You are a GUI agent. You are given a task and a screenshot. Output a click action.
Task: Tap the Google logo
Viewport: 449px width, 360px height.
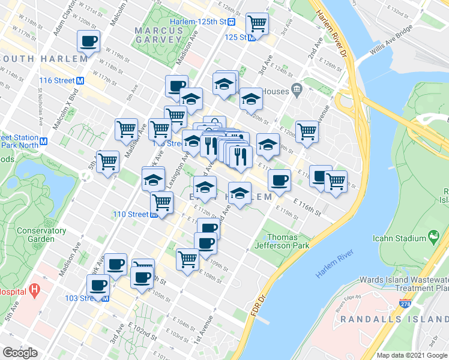[20, 353]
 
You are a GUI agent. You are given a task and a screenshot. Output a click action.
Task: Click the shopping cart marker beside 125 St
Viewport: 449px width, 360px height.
[257, 24]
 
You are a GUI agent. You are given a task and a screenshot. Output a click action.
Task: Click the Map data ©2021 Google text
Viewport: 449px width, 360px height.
[411, 355]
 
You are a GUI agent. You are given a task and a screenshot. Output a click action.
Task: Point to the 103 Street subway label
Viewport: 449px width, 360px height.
[84, 298]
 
